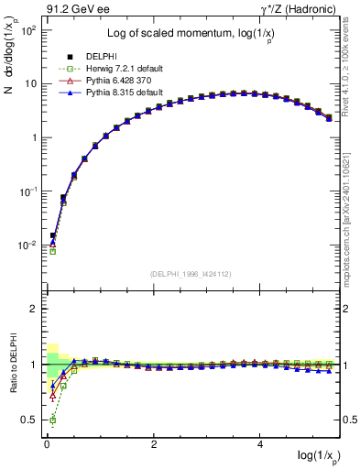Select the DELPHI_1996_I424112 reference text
coord(191,273)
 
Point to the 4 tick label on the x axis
coord(261,443)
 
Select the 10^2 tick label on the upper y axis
coord(30,29)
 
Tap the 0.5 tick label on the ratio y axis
coord(28,420)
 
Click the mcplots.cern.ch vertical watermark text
coord(352,229)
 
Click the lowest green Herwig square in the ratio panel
coord(53,420)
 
